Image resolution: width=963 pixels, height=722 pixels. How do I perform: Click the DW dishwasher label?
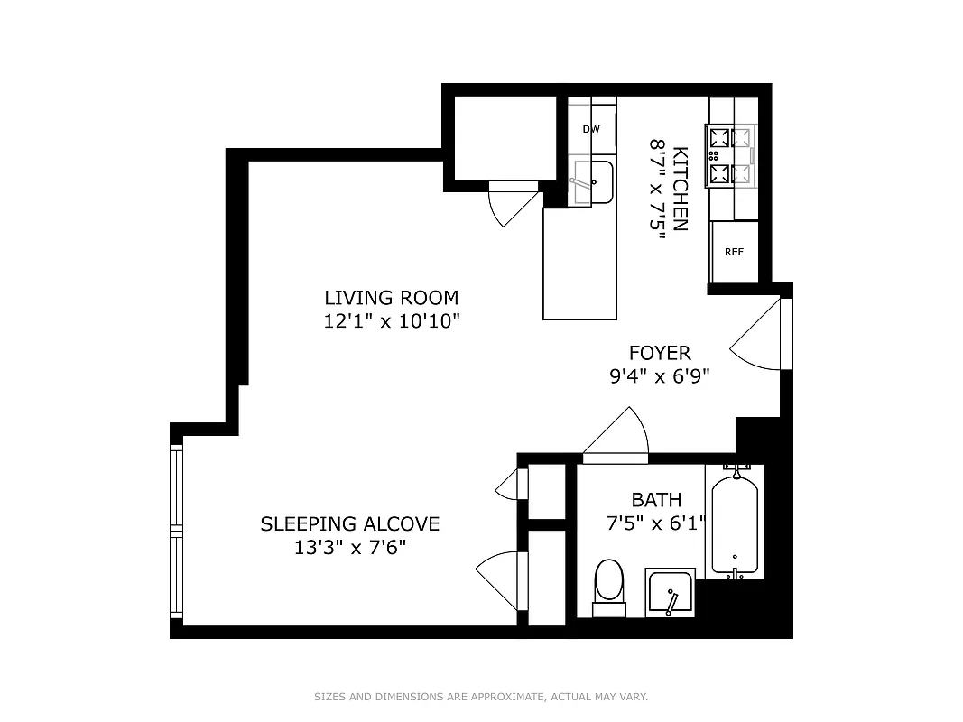[x=591, y=129]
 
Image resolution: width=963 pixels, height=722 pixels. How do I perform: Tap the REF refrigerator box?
[x=734, y=252]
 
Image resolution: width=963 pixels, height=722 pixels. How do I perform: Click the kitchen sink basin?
[x=595, y=182]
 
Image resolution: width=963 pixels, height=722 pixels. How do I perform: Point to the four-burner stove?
[x=731, y=155]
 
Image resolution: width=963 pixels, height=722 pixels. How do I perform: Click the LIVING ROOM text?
[x=392, y=297]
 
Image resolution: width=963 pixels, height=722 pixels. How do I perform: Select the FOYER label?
[x=660, y=353]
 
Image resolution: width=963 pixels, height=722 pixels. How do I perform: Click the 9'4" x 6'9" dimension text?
[x=660, y=376]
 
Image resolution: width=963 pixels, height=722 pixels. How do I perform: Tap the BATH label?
[x=656, y=499]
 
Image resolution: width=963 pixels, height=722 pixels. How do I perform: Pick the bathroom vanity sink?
[x=670, y=593]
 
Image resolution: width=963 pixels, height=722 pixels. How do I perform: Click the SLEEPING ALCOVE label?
[x=349, y=523]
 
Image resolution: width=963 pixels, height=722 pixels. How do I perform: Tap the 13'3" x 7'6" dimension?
[x=349, y=547]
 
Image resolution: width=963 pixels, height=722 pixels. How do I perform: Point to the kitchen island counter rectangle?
[x=578, y=263]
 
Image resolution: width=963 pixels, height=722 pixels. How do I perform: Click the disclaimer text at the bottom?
[x=481, y=697]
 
